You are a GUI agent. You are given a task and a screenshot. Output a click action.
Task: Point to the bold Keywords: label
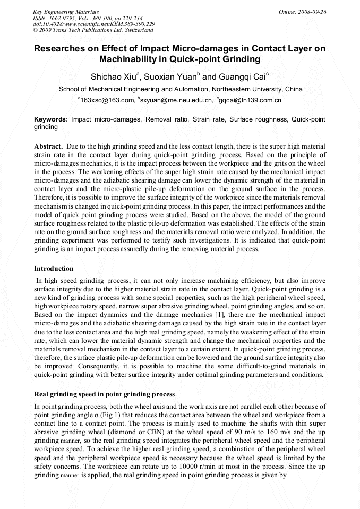pos(51,120)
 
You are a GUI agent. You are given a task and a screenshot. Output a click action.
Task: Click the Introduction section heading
pos(54,269)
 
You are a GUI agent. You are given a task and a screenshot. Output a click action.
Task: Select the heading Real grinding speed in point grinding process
pos(104,394)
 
